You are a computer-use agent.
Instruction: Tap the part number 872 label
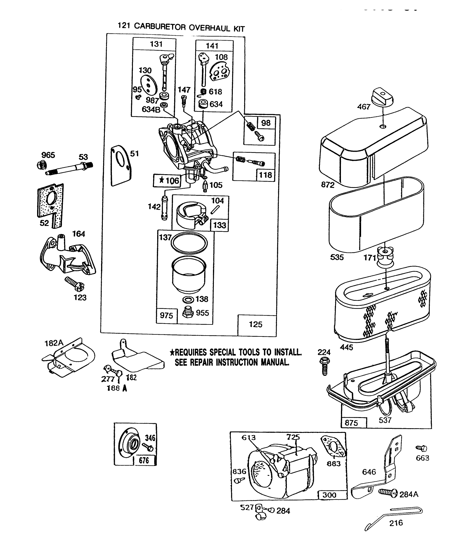(x=327, y=185)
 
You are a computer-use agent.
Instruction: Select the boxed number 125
(x=256, y=324)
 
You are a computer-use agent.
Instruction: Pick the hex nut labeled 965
(x=41, y=165)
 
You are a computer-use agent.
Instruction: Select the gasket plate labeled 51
(x=121, y=165)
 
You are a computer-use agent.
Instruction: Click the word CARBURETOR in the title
(x=160, y=27)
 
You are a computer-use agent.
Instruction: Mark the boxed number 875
(x=351, y=423)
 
